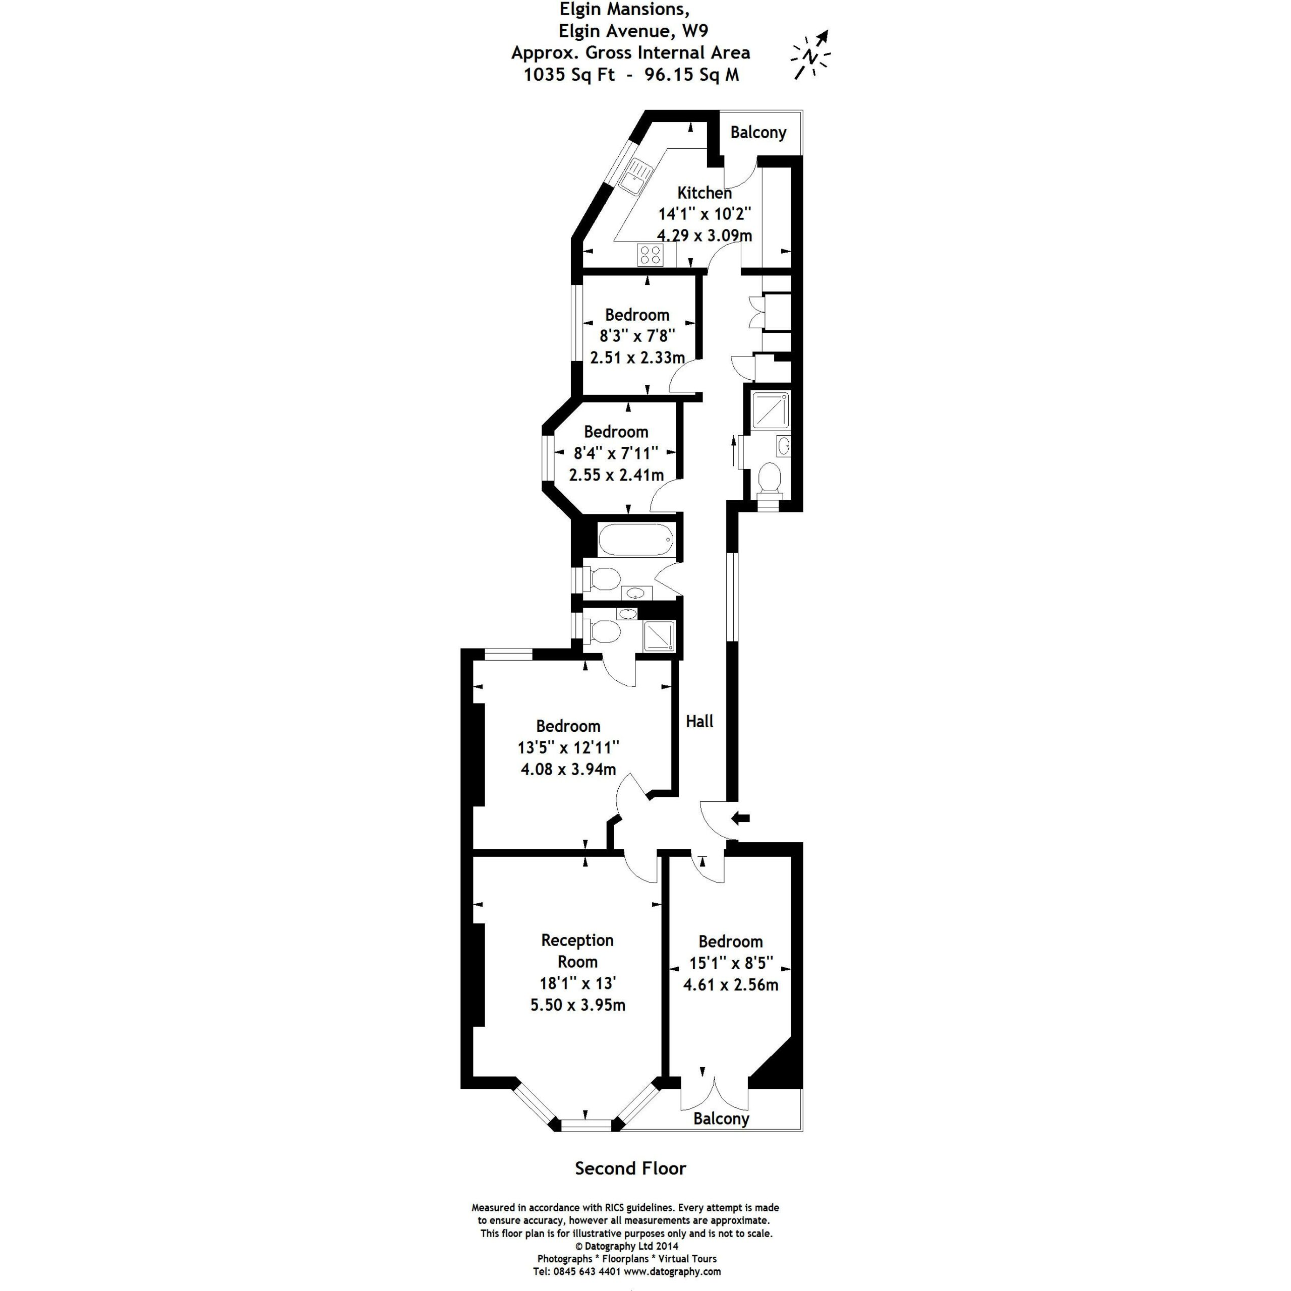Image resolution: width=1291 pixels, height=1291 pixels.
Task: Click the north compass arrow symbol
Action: (810, 55)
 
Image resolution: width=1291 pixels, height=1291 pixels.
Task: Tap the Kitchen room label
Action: (705, 193)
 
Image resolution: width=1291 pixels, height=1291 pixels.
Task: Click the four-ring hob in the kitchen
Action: (650, 255)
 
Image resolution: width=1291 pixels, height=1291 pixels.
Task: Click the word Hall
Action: (699, 721)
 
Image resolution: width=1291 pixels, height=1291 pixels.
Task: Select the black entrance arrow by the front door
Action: (741, 817)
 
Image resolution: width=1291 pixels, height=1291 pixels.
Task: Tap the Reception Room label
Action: (577, 951)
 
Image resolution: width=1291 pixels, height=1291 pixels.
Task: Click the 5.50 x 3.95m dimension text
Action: (578, 1005)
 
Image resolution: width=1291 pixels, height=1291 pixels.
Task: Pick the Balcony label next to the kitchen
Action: (758, 132)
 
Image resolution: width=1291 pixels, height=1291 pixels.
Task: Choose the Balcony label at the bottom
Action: (721, 1119)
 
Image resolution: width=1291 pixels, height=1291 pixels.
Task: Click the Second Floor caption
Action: (630, 1168)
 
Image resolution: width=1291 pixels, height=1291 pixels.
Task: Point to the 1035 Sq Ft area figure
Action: (569, 74)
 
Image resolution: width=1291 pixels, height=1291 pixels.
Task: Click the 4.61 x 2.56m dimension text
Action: (730, 984)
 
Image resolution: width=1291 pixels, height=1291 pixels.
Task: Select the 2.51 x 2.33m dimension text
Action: (637, 358)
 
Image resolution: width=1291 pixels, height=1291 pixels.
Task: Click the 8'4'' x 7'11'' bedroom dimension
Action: (616, 453)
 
